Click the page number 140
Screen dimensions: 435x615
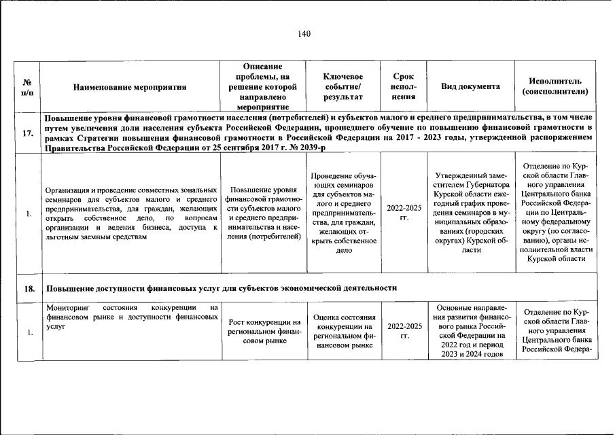point(303,34)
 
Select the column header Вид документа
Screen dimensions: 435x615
point(470,87)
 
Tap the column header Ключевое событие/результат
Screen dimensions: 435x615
point(342,87)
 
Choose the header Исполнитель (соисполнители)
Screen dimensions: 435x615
point(555,86)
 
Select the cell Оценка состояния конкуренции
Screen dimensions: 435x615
point(342,331)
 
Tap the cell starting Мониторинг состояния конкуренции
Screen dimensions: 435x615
point(131,317)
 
